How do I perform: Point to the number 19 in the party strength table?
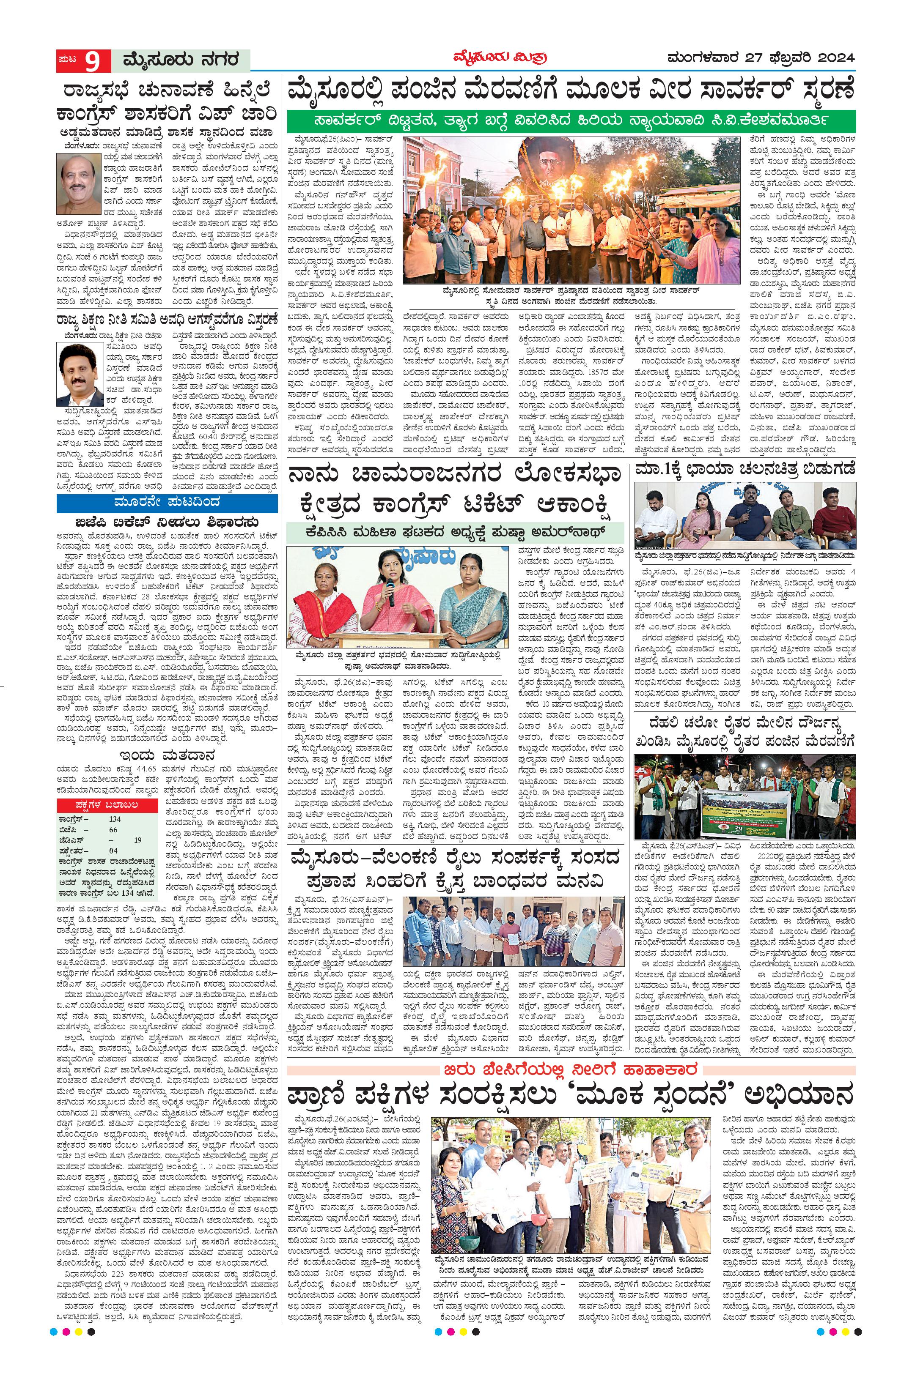(x=137, y=840)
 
